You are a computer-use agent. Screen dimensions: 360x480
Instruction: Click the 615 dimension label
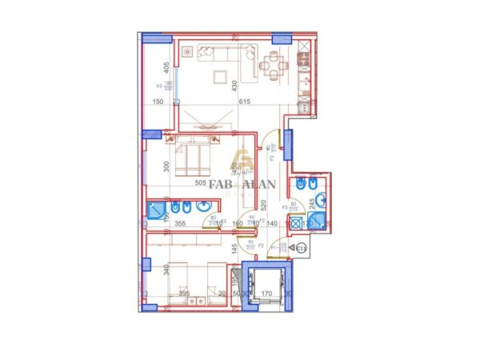tap(245, 102)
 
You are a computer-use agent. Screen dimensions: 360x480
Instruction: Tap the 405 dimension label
tap(166, 69)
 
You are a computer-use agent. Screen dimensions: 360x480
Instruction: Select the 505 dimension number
tap(202, 183)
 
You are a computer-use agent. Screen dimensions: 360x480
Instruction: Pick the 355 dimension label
tap(180, 225)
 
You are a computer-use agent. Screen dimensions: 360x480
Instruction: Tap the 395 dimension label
tap(183, 294)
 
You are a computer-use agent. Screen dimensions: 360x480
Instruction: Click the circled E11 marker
tap(302, 249)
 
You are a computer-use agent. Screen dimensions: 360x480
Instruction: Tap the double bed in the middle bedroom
tap(192, 157)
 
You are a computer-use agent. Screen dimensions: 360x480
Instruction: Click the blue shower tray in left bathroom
tap(154, 212)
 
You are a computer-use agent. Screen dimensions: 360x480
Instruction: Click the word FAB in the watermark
tap(207, 186)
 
